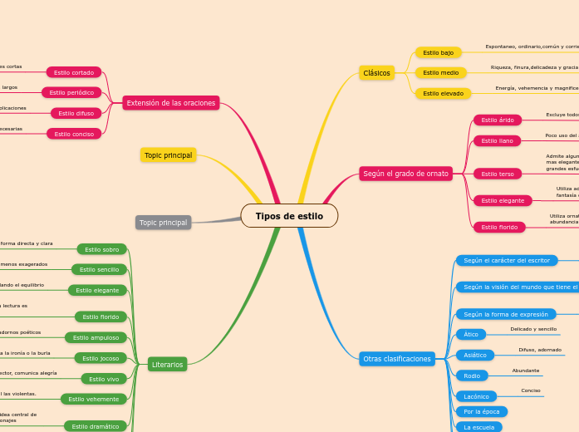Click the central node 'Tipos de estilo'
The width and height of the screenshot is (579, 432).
pos(289,216)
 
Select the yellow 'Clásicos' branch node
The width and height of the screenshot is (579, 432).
pos(376,73)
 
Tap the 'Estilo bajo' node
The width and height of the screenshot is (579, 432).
pos(438,52)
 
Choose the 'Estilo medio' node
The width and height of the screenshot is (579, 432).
pos(440,73)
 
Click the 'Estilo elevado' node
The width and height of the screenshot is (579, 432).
pos(443,93)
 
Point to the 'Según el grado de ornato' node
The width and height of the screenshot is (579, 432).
pos(405,174)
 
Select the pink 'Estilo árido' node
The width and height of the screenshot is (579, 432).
pos(498,120)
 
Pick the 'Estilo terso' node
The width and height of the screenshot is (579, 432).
pos(498,174)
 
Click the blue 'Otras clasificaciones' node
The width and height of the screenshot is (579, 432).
pos(397,359)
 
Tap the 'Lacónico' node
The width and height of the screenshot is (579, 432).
pos(476,396)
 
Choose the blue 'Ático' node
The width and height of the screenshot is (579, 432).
pos(470,334)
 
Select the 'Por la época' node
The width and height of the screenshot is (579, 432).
pos(481,411)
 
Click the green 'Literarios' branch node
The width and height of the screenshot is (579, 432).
pos(167,364)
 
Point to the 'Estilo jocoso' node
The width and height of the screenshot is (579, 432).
pos(101,358)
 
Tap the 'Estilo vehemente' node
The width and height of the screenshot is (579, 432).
pos(94,399)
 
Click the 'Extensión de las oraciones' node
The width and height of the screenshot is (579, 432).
pos(171,103)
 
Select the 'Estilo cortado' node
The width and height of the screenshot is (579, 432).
pos(74,72)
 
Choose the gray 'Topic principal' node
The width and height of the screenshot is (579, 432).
pos(163,223)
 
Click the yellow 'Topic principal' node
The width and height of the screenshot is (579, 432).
pos(168,155)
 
